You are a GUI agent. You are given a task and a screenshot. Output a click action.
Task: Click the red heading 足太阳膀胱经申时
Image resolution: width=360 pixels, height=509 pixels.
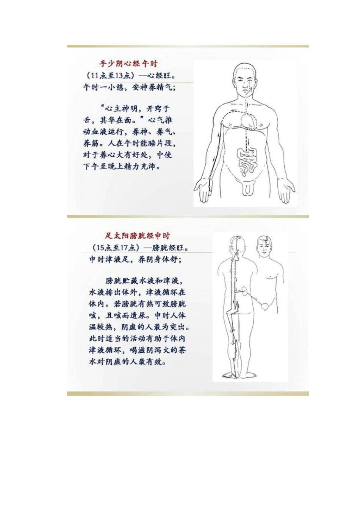click(138, 236)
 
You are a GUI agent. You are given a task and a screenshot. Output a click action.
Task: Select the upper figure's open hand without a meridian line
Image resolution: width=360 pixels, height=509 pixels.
click(286, 187)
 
